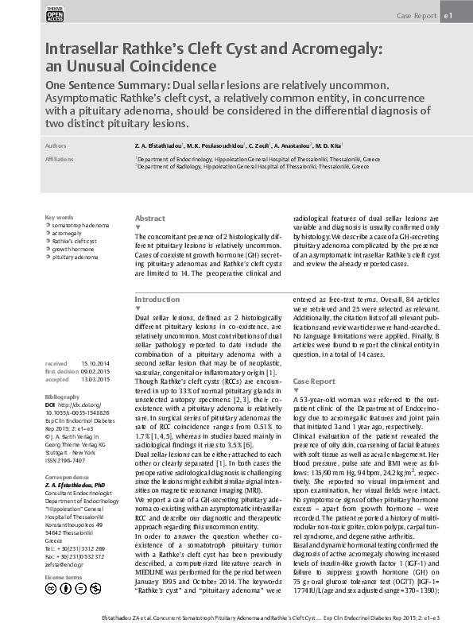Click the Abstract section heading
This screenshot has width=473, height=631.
click(x=150, y=218)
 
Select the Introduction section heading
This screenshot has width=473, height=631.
click(x=157, y=299)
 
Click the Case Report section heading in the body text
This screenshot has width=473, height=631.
click(x=314, y=381)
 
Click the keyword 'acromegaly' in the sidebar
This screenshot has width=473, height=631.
click(x=68, y=234)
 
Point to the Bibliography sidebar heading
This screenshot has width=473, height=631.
click(x=63, y=395)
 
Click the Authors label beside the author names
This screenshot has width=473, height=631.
click(x=56, y=147)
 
